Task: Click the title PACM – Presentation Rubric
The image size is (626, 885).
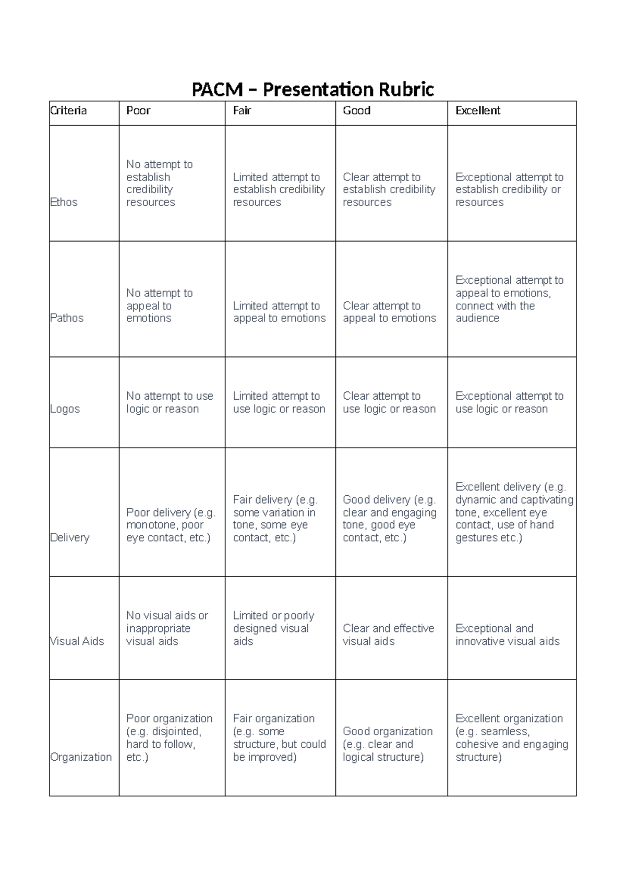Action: [312, 90]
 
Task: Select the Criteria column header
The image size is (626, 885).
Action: [68, 111]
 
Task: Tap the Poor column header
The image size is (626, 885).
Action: [138, 111]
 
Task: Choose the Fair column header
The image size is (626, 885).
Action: [242, 111]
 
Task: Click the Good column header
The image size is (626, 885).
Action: [357, 111]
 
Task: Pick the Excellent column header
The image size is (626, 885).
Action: [478, 111]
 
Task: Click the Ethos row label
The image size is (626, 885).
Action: [64, 202]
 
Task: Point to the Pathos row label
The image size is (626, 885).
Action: [67, 318]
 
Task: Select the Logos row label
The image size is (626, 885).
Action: [65, 409]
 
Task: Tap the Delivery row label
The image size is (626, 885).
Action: [70, 537]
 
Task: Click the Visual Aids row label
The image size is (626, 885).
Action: [77, 641]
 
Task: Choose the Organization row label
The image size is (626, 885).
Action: [81, 757]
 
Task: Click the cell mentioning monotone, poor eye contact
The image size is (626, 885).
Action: [171, 525]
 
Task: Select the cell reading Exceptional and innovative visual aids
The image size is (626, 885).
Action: [508, 635]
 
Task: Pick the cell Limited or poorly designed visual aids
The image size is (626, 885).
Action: [273, 628]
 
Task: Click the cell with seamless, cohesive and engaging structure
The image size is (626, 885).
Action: [511, 738]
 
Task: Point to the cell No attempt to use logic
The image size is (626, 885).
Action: [170, 402]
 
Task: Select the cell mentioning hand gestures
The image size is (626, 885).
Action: [514, 512]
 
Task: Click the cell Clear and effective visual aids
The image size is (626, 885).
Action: [388, 635]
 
